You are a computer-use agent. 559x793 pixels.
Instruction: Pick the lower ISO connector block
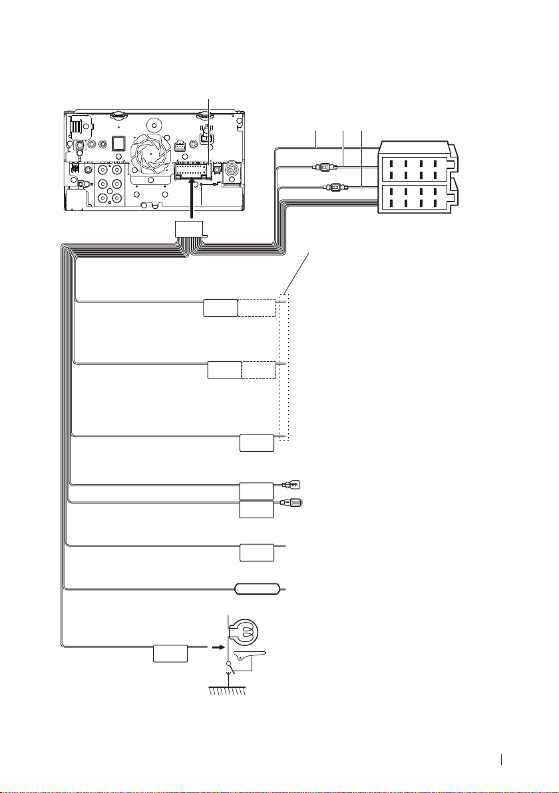click(414, 198)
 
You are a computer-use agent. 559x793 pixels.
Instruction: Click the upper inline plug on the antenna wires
click(323, 169)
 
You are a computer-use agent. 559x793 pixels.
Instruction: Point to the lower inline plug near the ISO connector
click(332, 188)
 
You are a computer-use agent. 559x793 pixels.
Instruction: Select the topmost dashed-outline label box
click(257, 307)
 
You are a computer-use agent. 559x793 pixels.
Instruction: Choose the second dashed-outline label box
click(259, 370)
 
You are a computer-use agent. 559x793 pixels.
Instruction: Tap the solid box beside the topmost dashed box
click(220, 307)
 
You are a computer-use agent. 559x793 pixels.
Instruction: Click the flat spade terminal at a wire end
click(293, 485)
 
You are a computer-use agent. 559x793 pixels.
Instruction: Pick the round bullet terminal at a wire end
click(293, 503)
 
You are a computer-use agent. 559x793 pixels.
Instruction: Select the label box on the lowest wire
click(170, 653)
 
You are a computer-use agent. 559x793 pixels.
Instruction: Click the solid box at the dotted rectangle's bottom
click(256, 442)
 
